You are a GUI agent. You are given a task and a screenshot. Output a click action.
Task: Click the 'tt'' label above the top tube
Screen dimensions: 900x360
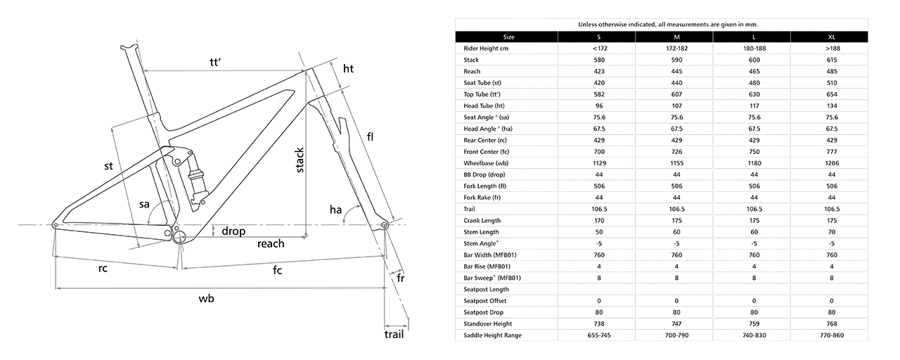click(x=216, y=63)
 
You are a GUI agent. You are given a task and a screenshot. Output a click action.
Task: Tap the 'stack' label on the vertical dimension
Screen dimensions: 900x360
click(x=300, y=160)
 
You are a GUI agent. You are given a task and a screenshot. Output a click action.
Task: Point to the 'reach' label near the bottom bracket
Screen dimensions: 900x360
click(x=271, y=243)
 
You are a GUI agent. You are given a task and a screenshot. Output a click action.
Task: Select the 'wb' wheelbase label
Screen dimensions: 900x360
click(x=206, y=299)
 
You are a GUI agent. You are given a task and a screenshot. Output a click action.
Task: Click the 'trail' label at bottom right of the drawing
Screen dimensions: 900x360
click(x=394, y=334)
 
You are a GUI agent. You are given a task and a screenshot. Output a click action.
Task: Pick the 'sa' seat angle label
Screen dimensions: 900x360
click(x=144, y=204)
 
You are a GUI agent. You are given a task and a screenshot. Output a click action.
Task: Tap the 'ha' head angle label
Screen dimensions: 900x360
click(x=335, y=210)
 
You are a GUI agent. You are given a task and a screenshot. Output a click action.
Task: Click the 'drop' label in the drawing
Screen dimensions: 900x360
click(x=233, y=231)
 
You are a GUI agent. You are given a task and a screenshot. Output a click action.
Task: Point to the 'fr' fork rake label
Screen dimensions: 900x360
click(x=401, y=278)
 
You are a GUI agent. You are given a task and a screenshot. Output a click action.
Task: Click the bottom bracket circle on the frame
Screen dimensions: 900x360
click(x=179, y=237)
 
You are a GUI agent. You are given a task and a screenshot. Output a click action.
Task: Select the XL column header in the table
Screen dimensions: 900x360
click(x=831, y=37)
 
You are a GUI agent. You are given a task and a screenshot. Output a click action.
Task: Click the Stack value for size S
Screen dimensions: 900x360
click(x=598, y=60)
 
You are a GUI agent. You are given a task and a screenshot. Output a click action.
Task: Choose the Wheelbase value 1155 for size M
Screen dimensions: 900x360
click(x=676, y=163)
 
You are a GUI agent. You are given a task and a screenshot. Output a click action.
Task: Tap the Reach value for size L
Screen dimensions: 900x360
click(x=754, y=71)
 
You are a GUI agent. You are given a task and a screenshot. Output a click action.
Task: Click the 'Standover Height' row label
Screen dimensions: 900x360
click(x=488, y=324)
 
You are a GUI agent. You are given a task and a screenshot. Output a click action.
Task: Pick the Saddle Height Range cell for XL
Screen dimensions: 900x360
click(x=832, y=335)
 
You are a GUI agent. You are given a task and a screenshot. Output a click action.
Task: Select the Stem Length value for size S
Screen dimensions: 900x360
click(x=598, y=232)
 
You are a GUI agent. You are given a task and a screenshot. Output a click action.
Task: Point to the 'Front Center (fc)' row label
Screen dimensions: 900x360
click(x=487, y=152)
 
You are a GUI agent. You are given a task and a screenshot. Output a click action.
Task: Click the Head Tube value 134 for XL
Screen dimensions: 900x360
click(x=832, y=105)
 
